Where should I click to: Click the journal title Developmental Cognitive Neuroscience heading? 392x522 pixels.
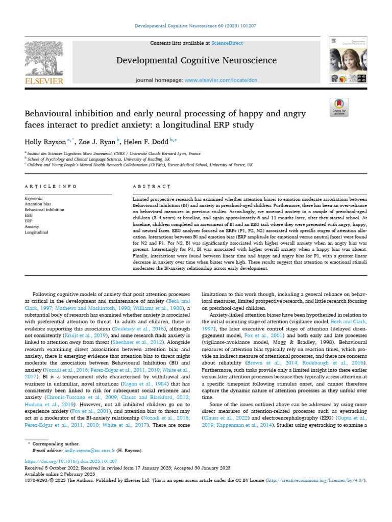(197, 61)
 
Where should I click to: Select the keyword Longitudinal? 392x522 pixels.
(37, 232)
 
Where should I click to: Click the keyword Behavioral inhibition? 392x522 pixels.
(45, 210)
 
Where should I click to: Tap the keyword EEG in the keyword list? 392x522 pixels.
(29, 215)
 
